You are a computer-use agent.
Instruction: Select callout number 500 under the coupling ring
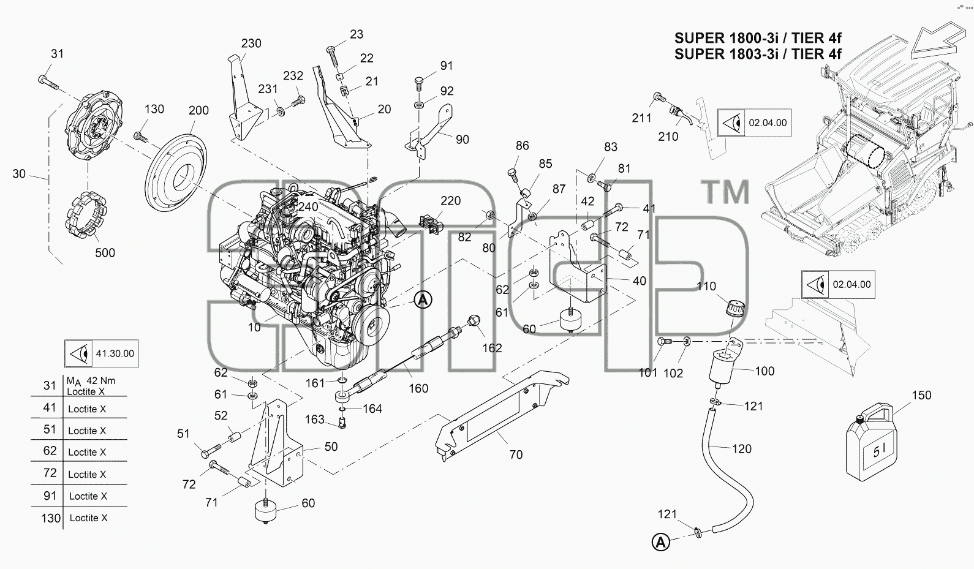105,252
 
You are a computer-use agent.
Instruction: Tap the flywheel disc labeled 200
176,173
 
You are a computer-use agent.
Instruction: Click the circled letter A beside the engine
423,300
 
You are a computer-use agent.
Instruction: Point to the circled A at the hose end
660,542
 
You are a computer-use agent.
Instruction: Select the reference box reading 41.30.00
101,353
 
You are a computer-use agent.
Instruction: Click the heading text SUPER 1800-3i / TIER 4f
758,38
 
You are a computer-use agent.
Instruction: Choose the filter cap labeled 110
735,310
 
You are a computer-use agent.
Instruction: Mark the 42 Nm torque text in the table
101,381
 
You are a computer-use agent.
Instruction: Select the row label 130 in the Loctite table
51,518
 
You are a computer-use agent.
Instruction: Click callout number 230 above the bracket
251,43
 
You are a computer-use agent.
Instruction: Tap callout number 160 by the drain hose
418,388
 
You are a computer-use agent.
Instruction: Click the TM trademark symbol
727,192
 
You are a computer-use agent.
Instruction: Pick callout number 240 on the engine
308,206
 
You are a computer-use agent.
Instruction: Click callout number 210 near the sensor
668,137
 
